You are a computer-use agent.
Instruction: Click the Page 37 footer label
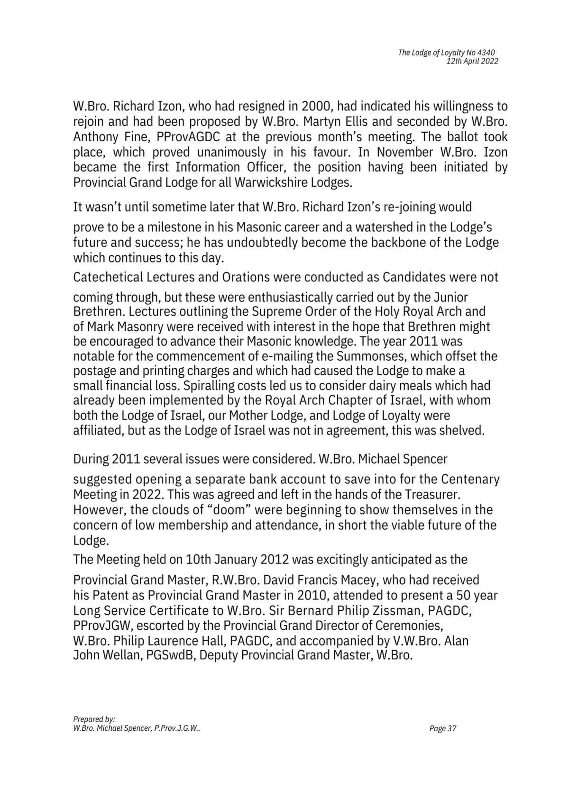(x=442, y=729)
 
